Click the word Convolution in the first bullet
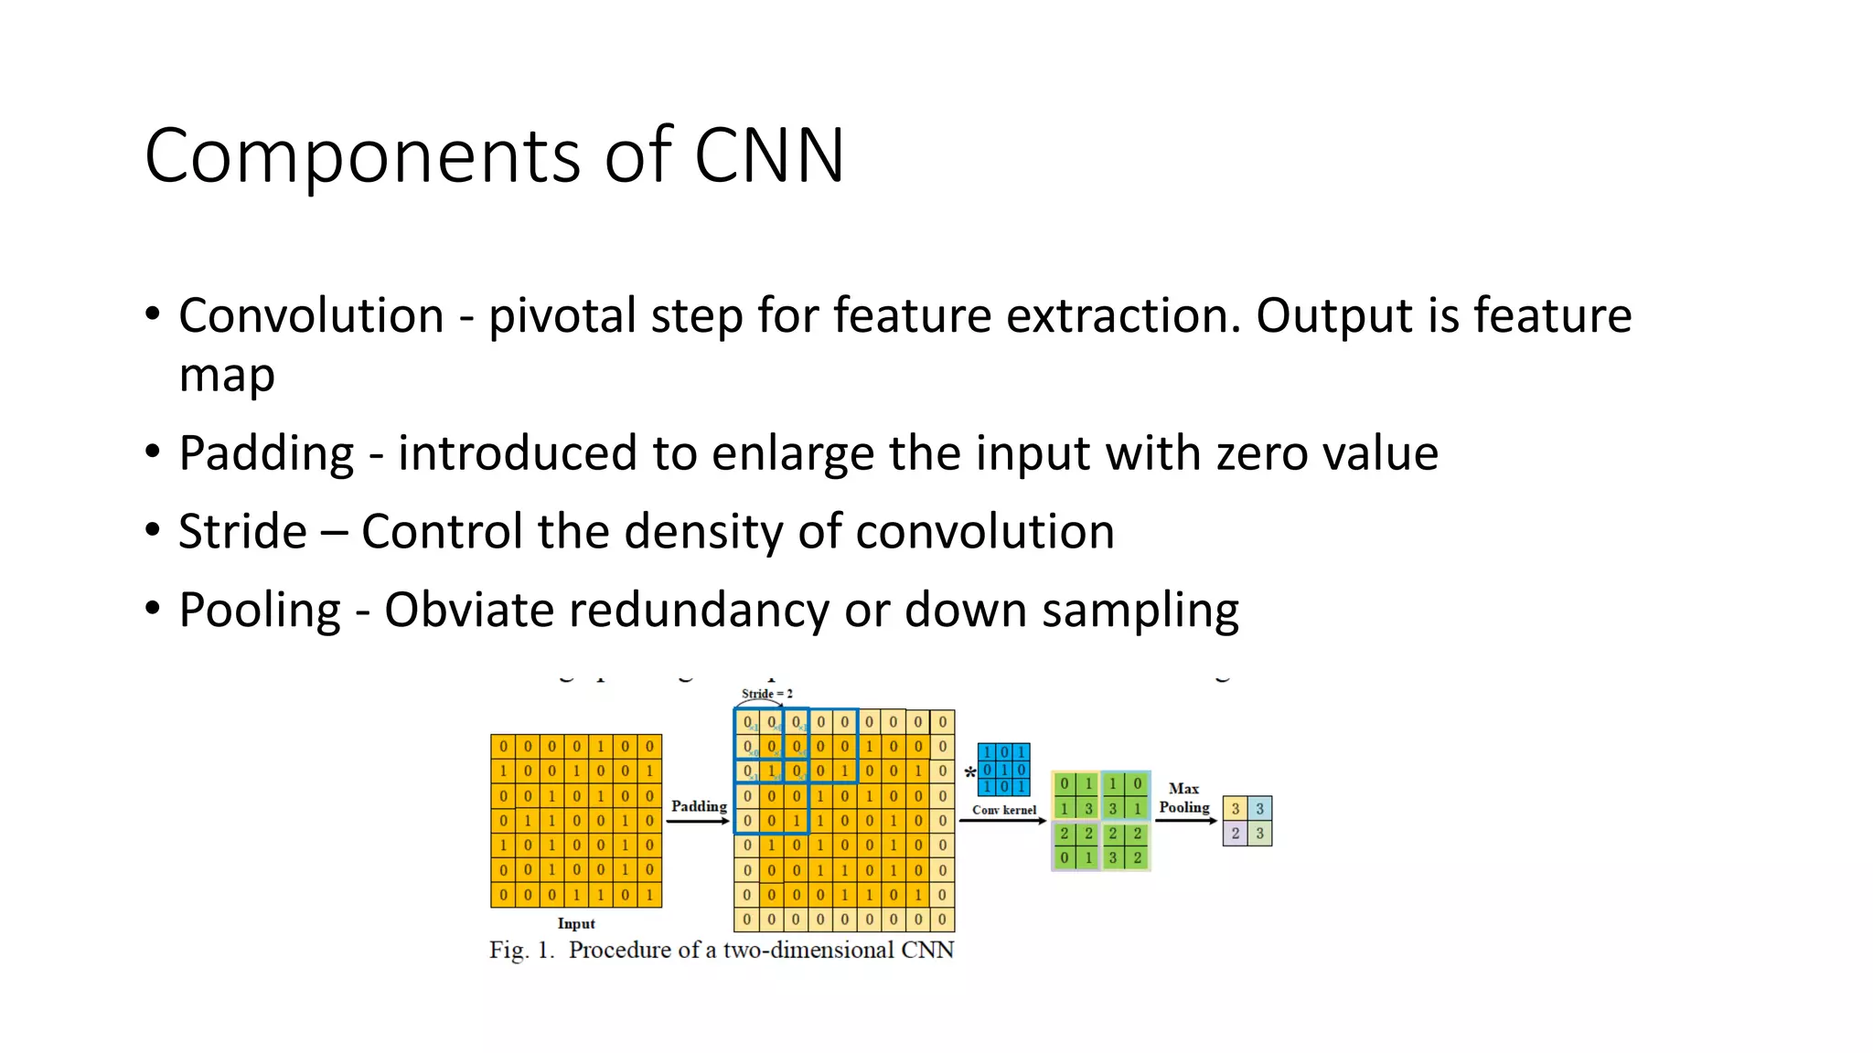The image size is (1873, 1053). [311, 316]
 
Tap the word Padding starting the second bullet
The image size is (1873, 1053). [266, 453]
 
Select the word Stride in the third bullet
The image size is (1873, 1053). [242, 532]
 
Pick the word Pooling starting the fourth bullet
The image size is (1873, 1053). [260, 611]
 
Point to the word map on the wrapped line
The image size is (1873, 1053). [227, 376]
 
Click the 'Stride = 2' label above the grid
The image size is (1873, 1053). [766, 694]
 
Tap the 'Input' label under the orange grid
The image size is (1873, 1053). [576, 923]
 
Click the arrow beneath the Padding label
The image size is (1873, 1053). [698, 822]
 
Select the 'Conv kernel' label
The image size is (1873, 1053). [1004, 810]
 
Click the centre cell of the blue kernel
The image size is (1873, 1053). [1004, 770]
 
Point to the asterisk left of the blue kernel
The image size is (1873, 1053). [969, 773]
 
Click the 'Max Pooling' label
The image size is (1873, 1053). [1184, 798]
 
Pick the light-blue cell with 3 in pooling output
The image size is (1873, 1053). [1259, 809]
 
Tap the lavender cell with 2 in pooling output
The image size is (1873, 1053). [1235, 834]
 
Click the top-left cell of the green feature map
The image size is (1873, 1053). [1064, 784]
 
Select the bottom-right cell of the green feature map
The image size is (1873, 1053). [1138, 858]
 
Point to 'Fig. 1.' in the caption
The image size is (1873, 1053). [521, 951]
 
